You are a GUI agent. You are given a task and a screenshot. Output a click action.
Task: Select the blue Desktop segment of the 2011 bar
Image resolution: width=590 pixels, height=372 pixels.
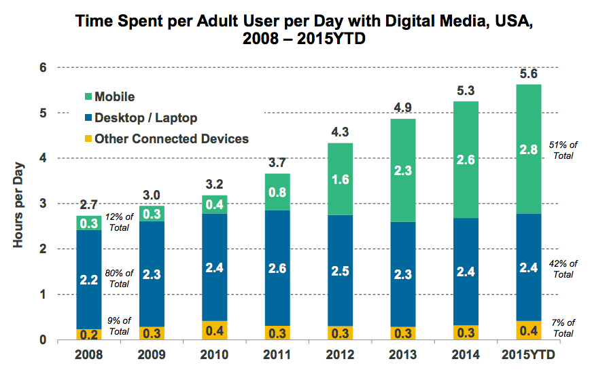(278, 267)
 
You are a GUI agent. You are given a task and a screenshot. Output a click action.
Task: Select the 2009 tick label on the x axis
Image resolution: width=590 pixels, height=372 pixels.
(153, 354)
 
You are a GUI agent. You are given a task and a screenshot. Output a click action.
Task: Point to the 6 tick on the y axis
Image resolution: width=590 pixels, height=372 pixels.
(42, 68)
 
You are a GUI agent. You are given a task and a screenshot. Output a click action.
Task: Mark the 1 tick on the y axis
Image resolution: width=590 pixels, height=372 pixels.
(42, 295)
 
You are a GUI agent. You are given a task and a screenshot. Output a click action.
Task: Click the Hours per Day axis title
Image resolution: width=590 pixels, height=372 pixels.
(19, 204)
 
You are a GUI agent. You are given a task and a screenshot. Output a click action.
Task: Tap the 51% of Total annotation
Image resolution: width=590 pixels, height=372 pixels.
(563, 149)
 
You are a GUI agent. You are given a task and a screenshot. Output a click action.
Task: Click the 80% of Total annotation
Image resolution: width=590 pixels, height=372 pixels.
(120, 279)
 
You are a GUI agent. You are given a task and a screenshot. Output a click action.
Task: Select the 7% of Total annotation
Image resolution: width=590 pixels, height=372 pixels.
(563, 329)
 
